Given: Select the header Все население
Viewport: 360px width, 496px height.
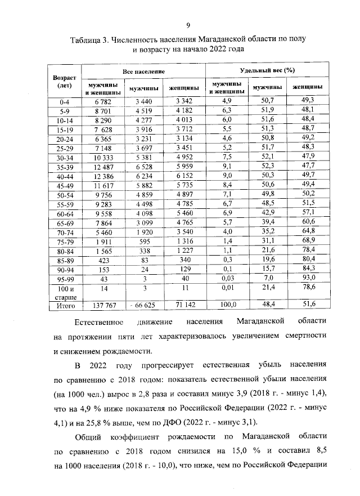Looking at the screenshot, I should [x=144, y=72].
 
